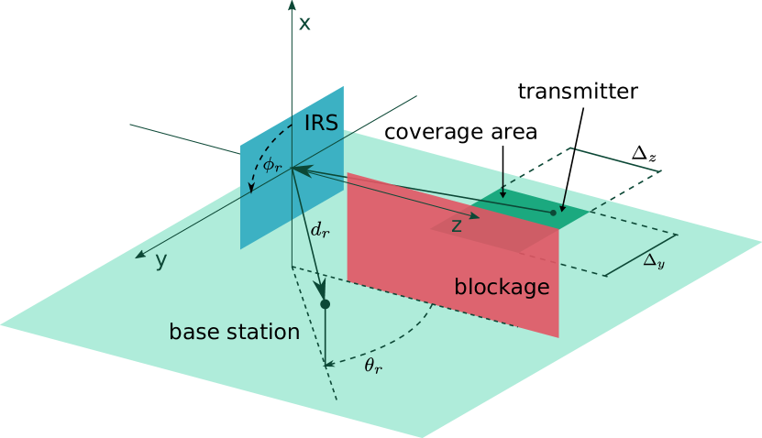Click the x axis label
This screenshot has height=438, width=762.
click(x=304, y=24)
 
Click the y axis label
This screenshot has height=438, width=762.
click(x=160, y=261)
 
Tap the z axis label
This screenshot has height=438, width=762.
click(x=456, y=225)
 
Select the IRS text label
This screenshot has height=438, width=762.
click(x=322, y=124)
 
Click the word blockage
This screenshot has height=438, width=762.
click(x=502, y=288)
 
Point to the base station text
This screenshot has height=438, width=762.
click(x=234, y=332)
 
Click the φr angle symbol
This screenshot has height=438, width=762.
click(x=272, y=166)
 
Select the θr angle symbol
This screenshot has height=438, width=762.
click(x=373, y=367)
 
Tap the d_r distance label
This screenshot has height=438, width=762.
click(x=319, y=231)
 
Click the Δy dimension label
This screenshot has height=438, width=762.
click(x=653, y=260)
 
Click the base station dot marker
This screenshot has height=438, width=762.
click(x=325, y=303)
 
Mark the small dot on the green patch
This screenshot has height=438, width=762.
click(x=553, y=213)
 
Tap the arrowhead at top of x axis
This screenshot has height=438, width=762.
click(x=292, y=5)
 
